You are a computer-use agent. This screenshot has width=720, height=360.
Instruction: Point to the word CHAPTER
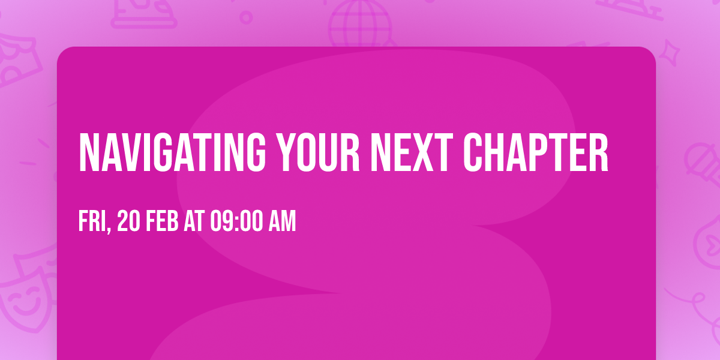pos(537,152)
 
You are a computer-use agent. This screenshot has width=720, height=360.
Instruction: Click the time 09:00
pos(235,222)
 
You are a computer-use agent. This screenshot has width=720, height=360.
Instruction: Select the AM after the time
pos(281,222)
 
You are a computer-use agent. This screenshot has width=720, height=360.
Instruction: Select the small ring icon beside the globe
pos(246,17)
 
